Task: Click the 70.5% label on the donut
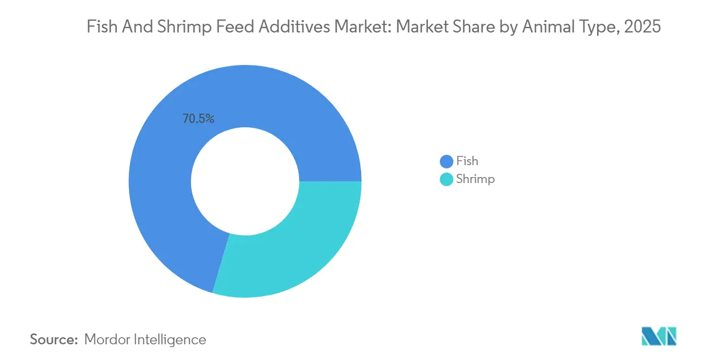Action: click(x=198, y=119)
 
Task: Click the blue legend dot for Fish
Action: click(x=446, y=161)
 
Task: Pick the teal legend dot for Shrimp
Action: click(x=446, y=179)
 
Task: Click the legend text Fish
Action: click(x=467, y=161)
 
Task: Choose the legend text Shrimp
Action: click(x=475, y=179)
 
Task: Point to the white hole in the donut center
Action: click(x=245, y=181)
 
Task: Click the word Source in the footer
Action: click(x=54, y=339)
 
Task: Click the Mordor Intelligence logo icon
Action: click(x=659, y=336)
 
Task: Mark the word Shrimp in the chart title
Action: click(x=181, y=27)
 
